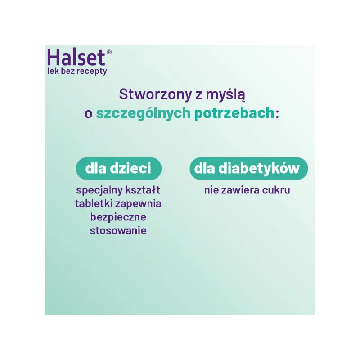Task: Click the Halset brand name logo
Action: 76,58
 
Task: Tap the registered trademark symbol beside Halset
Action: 109,52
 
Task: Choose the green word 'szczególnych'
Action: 143,113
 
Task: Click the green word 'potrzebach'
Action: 234,113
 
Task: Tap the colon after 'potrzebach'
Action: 277,114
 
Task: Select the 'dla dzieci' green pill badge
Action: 119,168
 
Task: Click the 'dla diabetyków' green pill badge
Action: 249,168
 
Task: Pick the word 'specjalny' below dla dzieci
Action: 99,190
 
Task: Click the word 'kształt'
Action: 143,190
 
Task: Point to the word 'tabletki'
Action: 94,203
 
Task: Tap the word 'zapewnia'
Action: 138,204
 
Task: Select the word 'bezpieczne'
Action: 118,217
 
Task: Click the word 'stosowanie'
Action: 118,231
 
